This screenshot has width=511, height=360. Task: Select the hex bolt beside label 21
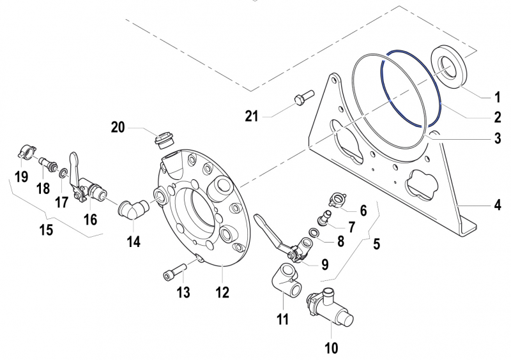[300, 100]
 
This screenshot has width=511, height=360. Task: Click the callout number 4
[497, 206]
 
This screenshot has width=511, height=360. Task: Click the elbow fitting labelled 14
[134, 209]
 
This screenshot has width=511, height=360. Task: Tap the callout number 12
[222, 293]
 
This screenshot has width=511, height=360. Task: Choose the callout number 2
[497, 117]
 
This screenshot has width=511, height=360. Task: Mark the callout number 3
[497, 137]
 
